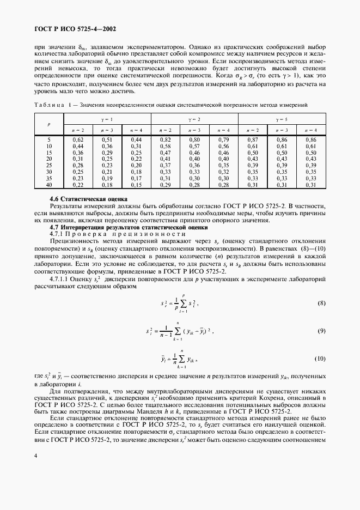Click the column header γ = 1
coord(109,119)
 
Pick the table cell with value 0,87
coord(252,140)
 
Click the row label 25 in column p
coord(49,165)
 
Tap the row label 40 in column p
coord(49,185)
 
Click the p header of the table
coord(49,124)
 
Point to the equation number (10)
coord(319,359)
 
